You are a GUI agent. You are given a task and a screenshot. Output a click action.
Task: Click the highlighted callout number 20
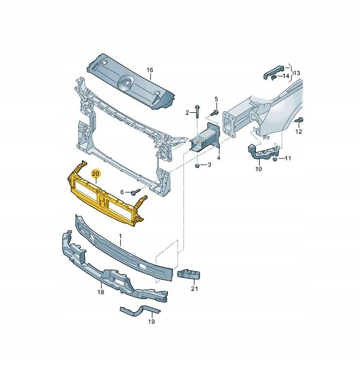tap(96, 173)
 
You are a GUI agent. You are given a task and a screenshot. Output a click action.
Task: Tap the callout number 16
tap(150, 70)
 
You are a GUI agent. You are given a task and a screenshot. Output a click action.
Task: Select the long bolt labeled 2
tap(197, 112)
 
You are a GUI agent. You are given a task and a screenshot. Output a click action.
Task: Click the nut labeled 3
tap(197, 165)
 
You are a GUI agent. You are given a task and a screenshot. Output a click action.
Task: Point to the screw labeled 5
tap(215, 112)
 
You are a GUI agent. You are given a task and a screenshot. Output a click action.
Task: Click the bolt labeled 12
tap(299, 120)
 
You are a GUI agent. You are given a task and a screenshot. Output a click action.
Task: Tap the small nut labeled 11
tap(275, 159)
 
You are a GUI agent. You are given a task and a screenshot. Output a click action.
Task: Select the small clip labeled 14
tap(273, 77)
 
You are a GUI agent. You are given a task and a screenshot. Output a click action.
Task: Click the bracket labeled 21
tap(189, 274)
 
